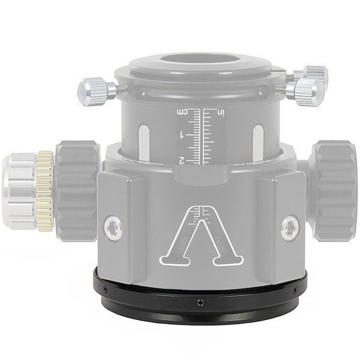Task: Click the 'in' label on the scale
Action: click(220, 112)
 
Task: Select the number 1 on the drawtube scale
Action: click(182, 136)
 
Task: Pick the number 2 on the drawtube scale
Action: click(182, 160)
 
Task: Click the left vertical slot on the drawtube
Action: click(144, 143)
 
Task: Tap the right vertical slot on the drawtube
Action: click(258, 143)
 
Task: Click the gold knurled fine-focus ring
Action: click(44, 191)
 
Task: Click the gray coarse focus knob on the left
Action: click(77, 191)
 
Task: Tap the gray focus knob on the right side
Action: click(334, 191)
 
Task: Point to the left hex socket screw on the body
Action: click(113, 228)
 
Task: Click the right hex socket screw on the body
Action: click(290, 228)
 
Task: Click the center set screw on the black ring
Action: click(200, 302)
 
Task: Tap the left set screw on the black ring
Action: click(105, 290)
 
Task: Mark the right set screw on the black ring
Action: click(295, 290)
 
